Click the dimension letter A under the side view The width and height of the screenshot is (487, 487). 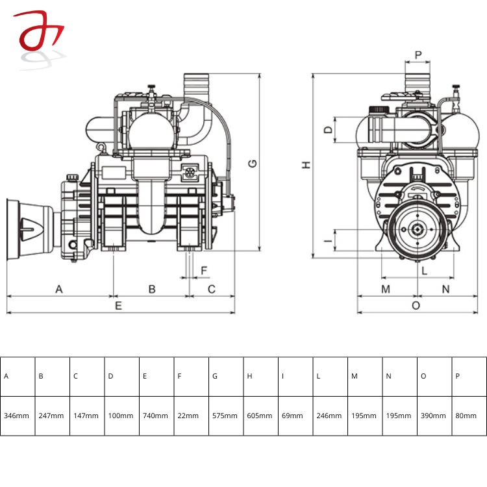[x=59, y=288]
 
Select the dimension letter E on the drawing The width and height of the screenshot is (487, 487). [x=118, y=305]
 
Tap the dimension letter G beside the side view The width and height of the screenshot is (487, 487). [x=253, y=163]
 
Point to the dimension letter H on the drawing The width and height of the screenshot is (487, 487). [x=306, y=166]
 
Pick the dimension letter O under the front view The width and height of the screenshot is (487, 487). [x=416, y=305]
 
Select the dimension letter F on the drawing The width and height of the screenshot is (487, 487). [x=204, y=270]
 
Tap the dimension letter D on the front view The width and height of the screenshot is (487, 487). [x=328, y=130]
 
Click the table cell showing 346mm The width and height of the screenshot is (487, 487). [x=17, y=416]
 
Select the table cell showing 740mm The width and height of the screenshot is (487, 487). [x=156, y=416]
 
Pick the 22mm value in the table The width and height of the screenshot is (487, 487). [x=191, y=416]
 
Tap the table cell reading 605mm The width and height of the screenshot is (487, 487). [x=260, y=416]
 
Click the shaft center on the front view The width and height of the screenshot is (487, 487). [x=416, y=230]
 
